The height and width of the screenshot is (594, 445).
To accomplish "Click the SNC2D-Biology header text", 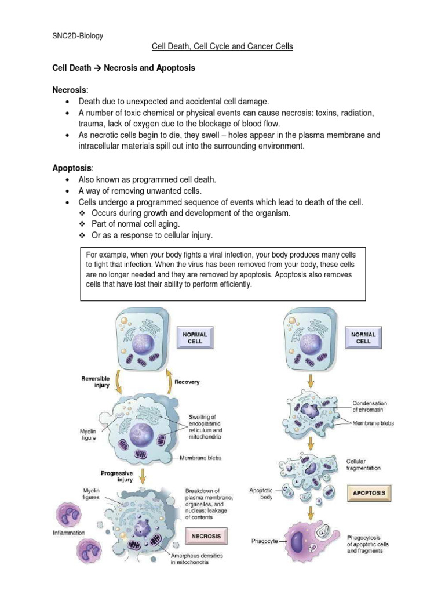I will click(x=78, y=36).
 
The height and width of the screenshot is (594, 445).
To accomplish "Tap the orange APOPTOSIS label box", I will click(x=369, y=494).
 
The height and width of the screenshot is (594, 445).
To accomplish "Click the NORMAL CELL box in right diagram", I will click(x=363, y=338).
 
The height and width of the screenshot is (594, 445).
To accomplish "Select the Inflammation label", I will click(x=68, y=533).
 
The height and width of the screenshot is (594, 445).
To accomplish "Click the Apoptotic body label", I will click(x=261, y=494).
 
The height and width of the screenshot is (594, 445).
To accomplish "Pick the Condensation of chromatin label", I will click(x=370, y=407).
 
